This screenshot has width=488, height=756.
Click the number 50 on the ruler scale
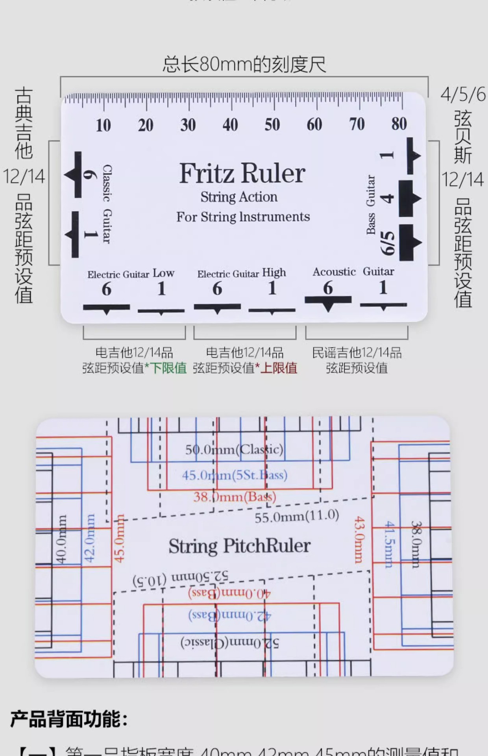pos(272,125)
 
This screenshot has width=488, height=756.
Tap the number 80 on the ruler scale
pos(399,124)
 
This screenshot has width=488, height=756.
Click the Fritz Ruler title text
pos(242,173)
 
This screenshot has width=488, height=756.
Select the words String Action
pos(239,197)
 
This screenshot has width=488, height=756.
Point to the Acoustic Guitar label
pos(353,272)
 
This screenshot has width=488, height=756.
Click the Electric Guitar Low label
pos(131,274)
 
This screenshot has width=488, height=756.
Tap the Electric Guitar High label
pos(241,273)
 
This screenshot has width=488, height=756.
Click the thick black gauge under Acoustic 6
pos(328,301)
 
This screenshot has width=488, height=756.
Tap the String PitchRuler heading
pos(239,546)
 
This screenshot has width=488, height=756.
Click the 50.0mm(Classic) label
pos(234,449)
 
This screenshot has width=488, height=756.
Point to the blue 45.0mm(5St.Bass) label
pos(235,475)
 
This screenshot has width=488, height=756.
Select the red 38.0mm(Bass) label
pos(235,497)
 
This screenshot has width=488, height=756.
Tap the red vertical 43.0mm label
pos(359,540)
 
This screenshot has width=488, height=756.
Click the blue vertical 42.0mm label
pos(90,538)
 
